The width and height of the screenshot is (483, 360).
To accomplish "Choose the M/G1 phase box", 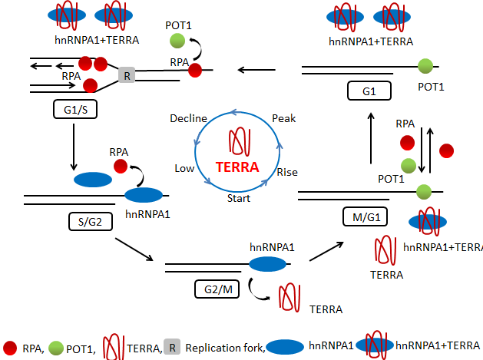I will tap(365, 217).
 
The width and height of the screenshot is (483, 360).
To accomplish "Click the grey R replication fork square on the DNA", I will tap(127, 75).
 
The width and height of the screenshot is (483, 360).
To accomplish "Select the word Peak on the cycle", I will tap(284, 118).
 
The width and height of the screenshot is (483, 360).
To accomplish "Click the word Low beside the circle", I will tap(184, 168).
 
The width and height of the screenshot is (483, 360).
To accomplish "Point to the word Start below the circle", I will tap(239, 198).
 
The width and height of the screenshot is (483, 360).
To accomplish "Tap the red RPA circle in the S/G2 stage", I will tap(120, 166).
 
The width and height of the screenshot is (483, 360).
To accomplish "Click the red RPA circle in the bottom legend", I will tap(12, 346).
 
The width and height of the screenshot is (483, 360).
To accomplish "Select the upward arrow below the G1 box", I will tap(371, 135).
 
